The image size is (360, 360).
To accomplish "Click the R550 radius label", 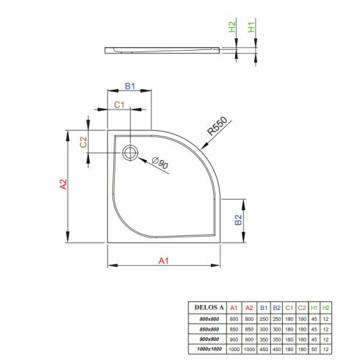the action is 217,126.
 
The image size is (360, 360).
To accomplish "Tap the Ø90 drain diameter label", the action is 160,162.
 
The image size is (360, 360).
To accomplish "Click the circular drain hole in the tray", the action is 130,153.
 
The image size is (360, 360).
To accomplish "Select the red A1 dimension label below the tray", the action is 164,261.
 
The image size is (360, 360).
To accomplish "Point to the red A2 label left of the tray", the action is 63,184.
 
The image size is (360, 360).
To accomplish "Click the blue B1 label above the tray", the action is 130,86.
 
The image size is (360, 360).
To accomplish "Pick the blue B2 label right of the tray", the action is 238,220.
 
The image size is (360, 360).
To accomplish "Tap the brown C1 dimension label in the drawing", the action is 119,105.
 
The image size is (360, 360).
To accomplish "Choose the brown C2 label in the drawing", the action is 83,142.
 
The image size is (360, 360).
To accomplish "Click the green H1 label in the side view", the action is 251,26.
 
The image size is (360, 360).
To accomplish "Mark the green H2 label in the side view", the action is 231,26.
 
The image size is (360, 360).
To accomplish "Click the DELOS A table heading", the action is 209,307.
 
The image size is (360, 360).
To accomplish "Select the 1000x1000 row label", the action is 209,349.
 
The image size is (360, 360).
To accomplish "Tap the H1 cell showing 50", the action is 314,349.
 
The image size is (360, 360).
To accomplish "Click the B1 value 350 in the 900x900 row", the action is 264,339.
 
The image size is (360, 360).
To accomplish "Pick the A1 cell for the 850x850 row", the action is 234,329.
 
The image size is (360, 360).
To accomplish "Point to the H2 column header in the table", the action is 325,308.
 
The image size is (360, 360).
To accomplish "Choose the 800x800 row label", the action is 209,319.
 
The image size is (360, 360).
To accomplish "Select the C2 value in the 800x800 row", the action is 302,319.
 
